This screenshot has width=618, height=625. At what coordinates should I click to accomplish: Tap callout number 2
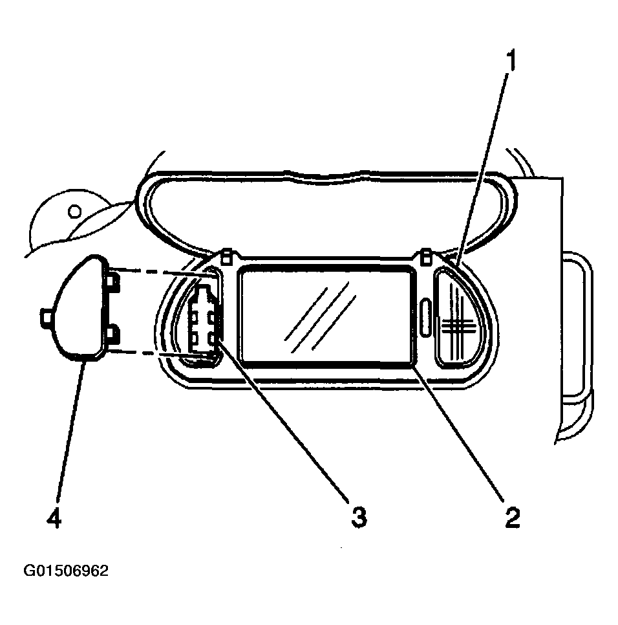pyautogui.click(x=513, y=518)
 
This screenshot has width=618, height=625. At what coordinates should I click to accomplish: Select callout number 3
pyautogui.click(x=359, y=518)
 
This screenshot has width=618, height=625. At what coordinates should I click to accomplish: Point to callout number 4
pyautogui.click(x=54, y=518)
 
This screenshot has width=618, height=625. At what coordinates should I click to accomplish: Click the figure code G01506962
pyautogui.click(x=66, y=571)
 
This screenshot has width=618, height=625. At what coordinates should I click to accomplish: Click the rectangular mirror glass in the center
pyautogui.click(x=326, y=315)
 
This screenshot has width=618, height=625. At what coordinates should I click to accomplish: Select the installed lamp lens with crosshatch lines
pyautogui.click(x=458, y=317)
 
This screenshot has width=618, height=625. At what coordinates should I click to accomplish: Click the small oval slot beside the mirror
pyautogui.click(x=425, y=318)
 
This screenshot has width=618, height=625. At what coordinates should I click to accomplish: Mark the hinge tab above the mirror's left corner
pyautogui.click(x=226, y=256)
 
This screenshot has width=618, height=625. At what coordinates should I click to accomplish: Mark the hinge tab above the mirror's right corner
pyautogui.click(x=426, y=256)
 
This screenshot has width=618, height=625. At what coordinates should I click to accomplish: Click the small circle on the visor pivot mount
pyautogui.click(x=74, y=210)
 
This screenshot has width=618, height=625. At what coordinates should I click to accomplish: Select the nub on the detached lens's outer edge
pyautogui.click(x=46, y=319)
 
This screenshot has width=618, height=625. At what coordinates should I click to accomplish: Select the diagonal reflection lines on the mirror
pyautogui.click(x=319, y=317)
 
